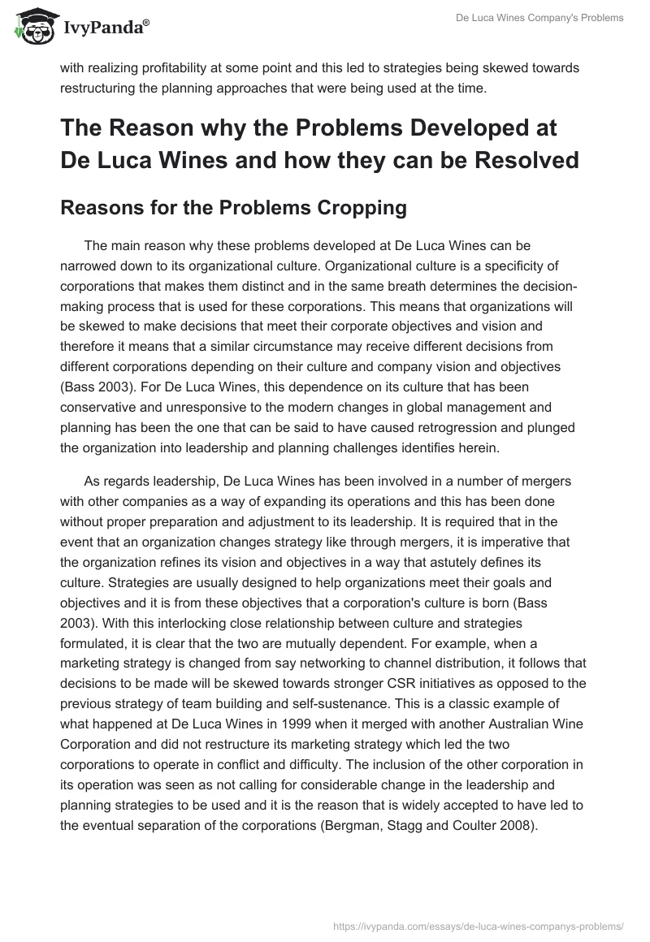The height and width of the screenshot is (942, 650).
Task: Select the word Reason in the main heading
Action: pos(158,127)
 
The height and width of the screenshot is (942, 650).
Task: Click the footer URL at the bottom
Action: pos(479,925)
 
